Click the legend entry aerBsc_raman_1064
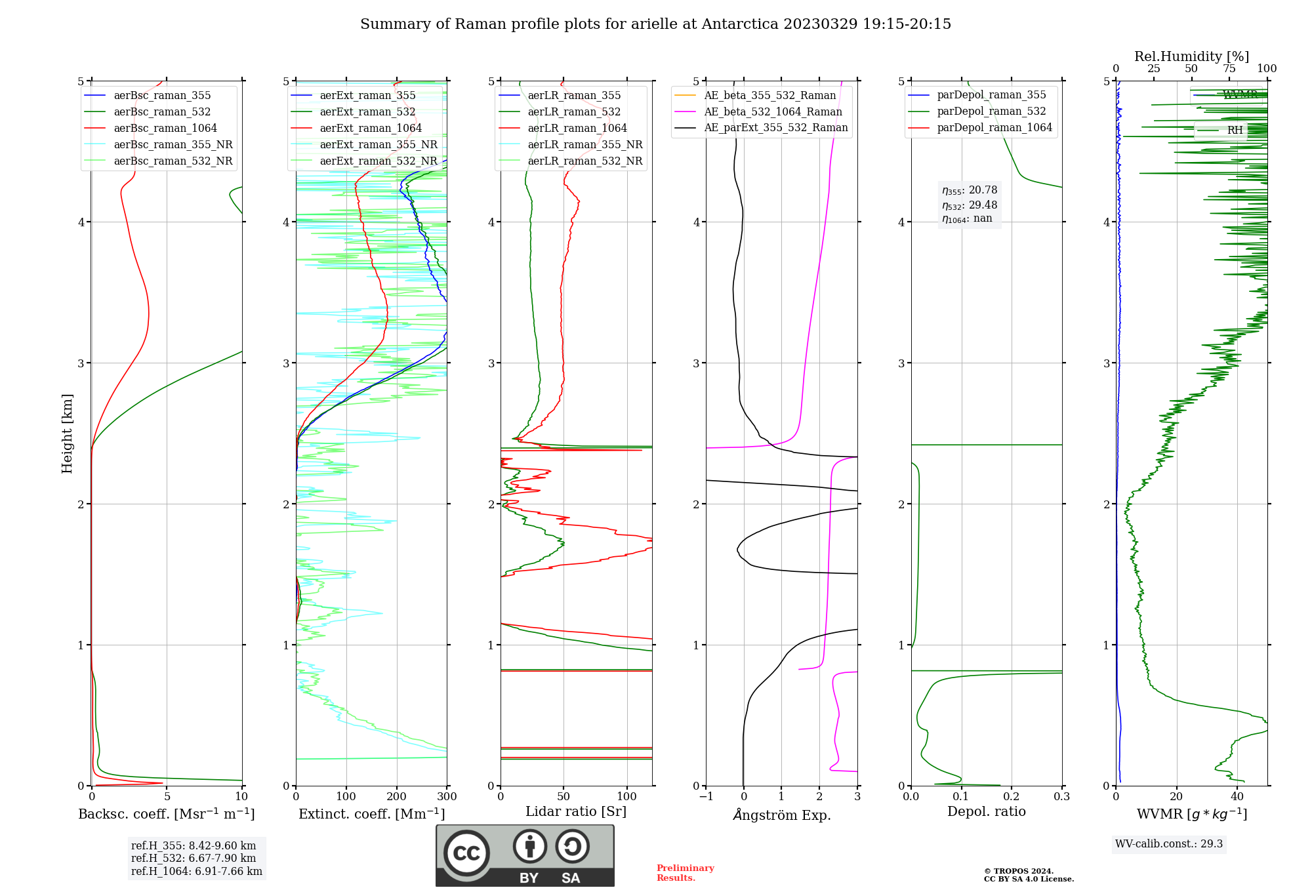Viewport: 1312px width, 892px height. (x=165, y=129)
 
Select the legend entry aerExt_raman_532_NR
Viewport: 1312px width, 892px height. (x=378, y=161)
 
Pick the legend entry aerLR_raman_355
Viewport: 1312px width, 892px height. (x=574, y=96)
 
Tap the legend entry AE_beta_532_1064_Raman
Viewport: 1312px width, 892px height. (x=773, y=112)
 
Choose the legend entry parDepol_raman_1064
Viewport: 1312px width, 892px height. (x=994, y=128)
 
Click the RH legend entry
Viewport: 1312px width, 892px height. (x=1235, y=131)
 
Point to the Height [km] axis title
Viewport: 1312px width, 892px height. (x=67, y=433)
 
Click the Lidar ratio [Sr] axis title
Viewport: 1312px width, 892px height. (x=575, y=812)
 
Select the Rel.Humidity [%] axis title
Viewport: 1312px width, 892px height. (x=1191, y=56)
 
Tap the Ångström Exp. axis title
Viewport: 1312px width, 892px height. (x=781, y=815)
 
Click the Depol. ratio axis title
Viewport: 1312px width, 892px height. (x=986, y=812)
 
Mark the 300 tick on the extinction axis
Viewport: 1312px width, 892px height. (x=447, y=797)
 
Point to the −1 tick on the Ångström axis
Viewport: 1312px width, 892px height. (x=706, y=797)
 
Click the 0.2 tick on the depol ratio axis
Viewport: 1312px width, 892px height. (x=1012, y=797)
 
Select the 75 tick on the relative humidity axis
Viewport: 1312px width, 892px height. (x=1229, y=69)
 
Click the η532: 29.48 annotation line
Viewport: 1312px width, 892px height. (x=970, y=205)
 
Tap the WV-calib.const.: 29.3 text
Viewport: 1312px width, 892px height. (x=1168, y=844)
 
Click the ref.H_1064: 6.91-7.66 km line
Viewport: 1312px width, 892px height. (x=196, y=872)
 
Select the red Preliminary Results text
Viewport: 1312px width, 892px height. (x=685, y=873)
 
